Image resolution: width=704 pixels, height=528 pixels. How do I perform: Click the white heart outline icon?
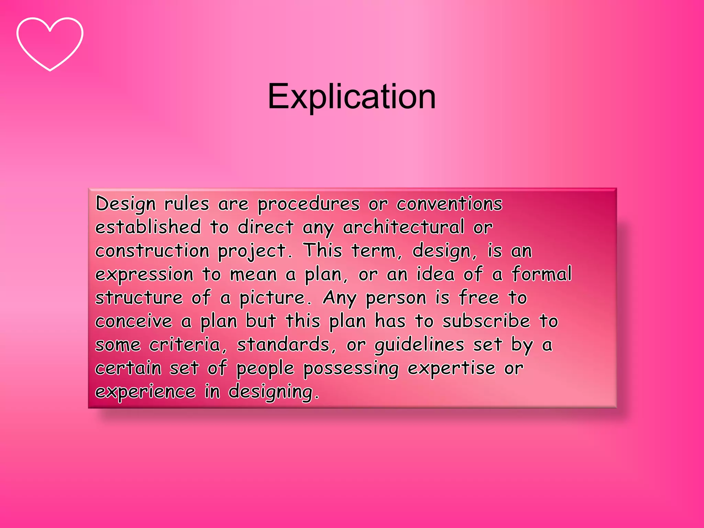(x=50, y=44)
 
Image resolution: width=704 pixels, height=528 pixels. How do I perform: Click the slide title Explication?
(x=352, y=97)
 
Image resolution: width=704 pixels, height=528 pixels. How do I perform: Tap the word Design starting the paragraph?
(x=125, y=204)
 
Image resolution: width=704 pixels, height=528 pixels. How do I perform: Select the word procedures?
(x=308, y=204)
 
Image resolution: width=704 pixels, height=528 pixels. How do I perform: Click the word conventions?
(x=449, y=203)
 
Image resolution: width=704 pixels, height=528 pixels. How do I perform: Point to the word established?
(x=148, y=227)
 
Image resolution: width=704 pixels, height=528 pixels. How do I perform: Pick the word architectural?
(x=403, y=227)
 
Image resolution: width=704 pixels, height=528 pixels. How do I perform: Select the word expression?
(x=144, y=275)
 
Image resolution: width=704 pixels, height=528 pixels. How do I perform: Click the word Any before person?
(x=340, y=298)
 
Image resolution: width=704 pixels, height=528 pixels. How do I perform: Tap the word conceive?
(x=134, y=321)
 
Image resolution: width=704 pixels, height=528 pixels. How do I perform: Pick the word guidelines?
(x=419, y=345)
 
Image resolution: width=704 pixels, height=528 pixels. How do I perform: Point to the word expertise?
(x=451, y=368)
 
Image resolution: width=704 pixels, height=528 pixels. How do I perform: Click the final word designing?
(x=273, y=392)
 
